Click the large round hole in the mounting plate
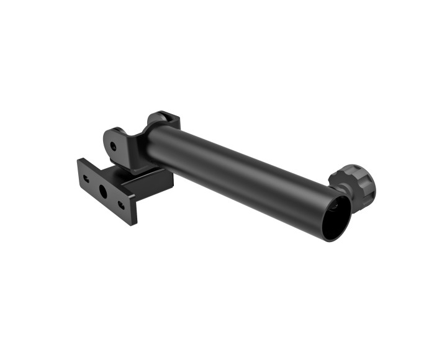click(x=103, y=191)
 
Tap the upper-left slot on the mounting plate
click(x=86, y=178)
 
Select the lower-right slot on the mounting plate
click(x=120, y=204)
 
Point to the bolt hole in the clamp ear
click(x=113, y=147)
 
